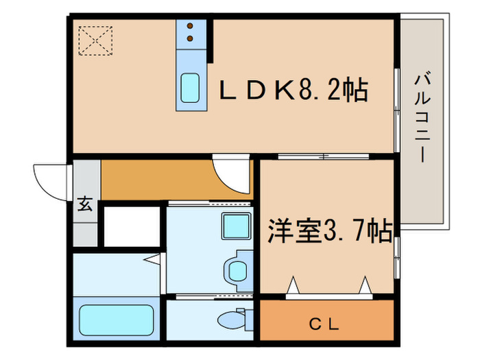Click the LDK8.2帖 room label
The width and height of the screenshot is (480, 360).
click(293, 90)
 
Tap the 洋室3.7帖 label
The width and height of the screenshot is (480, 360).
click(326, 229)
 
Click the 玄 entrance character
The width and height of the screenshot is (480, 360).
click(85, 204)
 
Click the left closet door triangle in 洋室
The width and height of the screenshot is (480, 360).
click(293, 283)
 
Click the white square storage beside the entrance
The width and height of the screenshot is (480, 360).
click(130, 224)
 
